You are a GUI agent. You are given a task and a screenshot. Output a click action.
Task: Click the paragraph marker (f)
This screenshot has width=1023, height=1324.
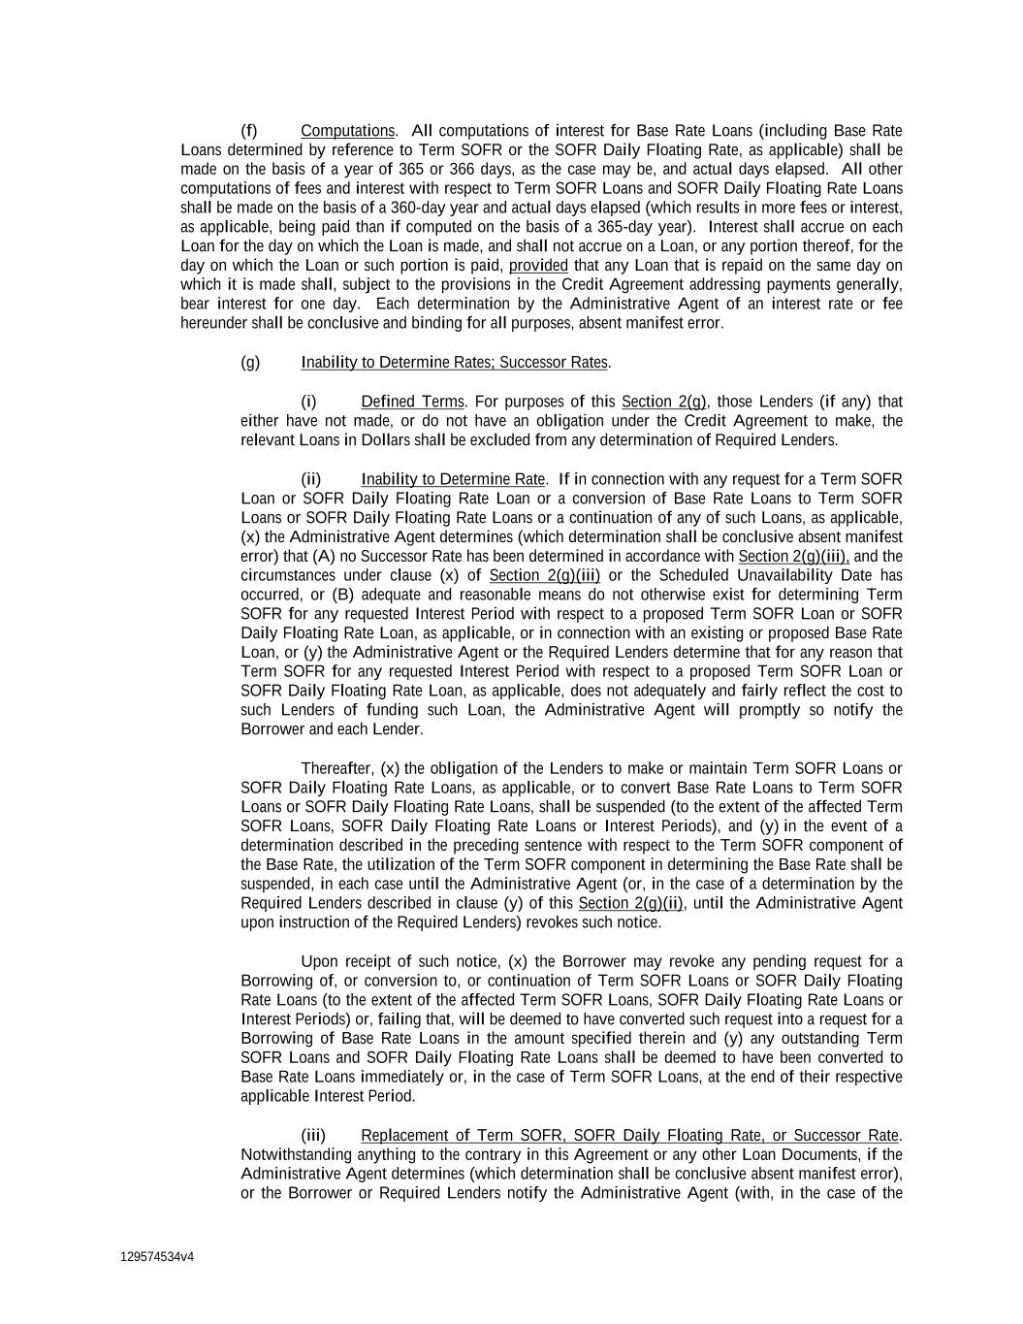click(248, 131)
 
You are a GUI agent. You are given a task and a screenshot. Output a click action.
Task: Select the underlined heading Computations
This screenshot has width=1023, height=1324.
click(347, 131)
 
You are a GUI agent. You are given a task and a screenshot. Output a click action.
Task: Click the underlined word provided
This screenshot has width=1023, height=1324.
click(538, 266)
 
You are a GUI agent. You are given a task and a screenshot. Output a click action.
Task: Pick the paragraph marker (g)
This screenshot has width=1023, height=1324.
click(250, 363)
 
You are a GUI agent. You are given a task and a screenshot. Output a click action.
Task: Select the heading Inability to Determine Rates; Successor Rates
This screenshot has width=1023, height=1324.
click(454, 363)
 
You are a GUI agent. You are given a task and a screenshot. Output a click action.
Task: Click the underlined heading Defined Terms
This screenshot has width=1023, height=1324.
click(412, 402)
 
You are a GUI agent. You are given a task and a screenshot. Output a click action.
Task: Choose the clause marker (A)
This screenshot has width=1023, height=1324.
click(323, 557)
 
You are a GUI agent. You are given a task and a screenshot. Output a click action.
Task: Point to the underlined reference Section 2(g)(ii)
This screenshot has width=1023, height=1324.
click(630, 903)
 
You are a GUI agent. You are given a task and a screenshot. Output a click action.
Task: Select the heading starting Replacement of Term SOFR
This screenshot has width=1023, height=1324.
click(629, 1135)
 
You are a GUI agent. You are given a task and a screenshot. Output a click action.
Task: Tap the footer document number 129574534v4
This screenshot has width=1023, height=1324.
click(157, 1257)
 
